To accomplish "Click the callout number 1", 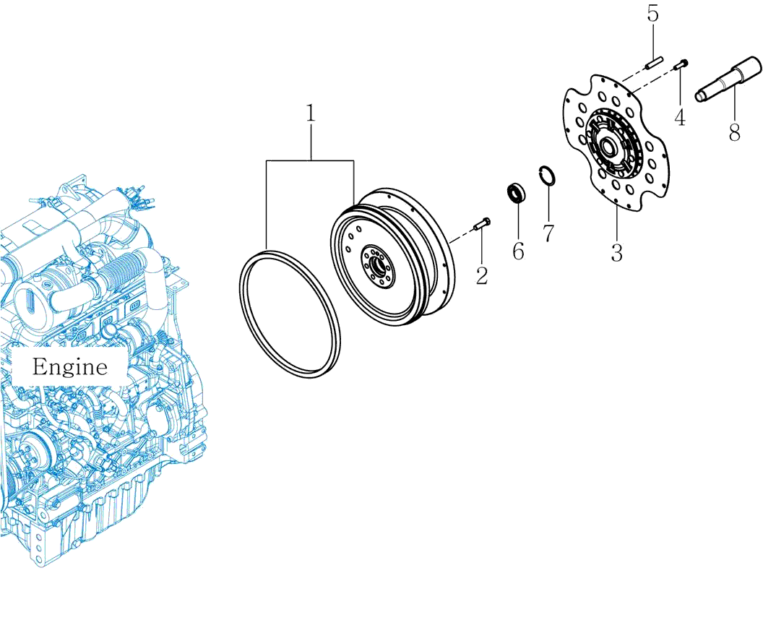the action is click(x=311, y=114).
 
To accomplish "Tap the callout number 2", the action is click(x=482, y=275).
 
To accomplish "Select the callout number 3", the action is click(x=616, y=252).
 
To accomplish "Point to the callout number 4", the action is click(x=679, y=117).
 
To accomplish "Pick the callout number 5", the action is click(x=652, y=14).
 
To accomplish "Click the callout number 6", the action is click(x=518, y=251).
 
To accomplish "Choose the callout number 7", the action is click(x=548, y=233).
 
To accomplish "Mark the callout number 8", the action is click(x=734, y=132).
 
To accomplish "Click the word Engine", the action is click(x=69, y=367).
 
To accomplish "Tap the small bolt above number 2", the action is click(x=482, y=224).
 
